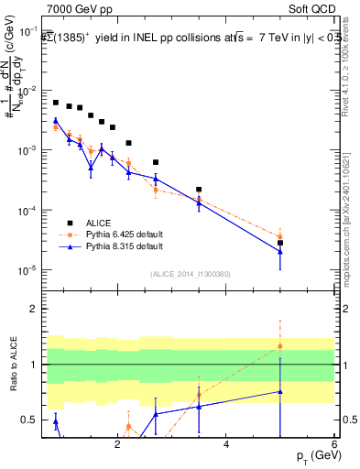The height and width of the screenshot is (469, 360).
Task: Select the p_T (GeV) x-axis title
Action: (314, 454)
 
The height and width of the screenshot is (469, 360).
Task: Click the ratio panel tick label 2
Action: (32, 309)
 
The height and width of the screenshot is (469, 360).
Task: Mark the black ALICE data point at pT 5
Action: (280, 243)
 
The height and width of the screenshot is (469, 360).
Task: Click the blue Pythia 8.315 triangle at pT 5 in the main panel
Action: (280, 252)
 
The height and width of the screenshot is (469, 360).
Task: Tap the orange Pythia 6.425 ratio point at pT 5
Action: (280, 346)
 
